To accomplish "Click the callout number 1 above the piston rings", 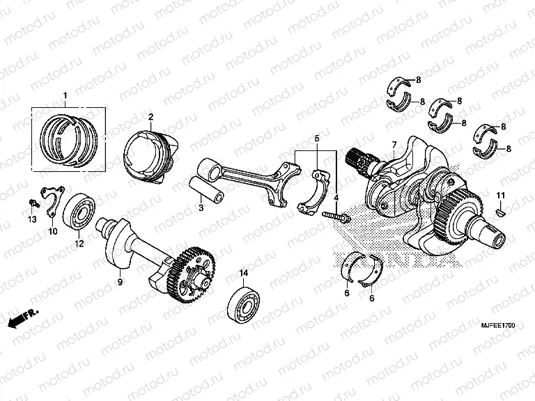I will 65,95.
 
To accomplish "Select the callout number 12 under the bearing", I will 79,244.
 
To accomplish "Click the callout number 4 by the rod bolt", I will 336,198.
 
